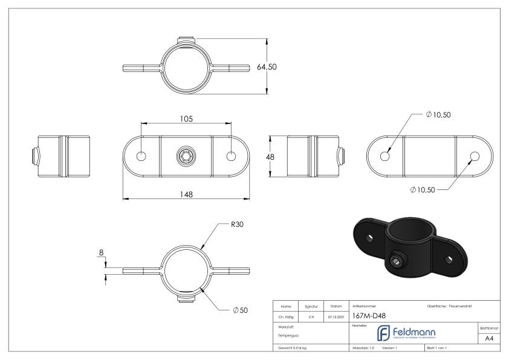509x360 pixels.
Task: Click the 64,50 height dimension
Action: [267, 67]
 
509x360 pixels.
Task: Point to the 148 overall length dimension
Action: [186, 194]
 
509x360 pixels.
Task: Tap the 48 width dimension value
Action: [270, 157]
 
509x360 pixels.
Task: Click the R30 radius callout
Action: [238, 224]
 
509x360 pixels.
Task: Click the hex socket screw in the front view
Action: [186, 157]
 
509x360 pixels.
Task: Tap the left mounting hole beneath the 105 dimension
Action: [141, 157]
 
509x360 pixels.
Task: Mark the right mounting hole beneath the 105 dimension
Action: [230, 157]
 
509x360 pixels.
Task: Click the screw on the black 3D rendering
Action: [395, 261]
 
